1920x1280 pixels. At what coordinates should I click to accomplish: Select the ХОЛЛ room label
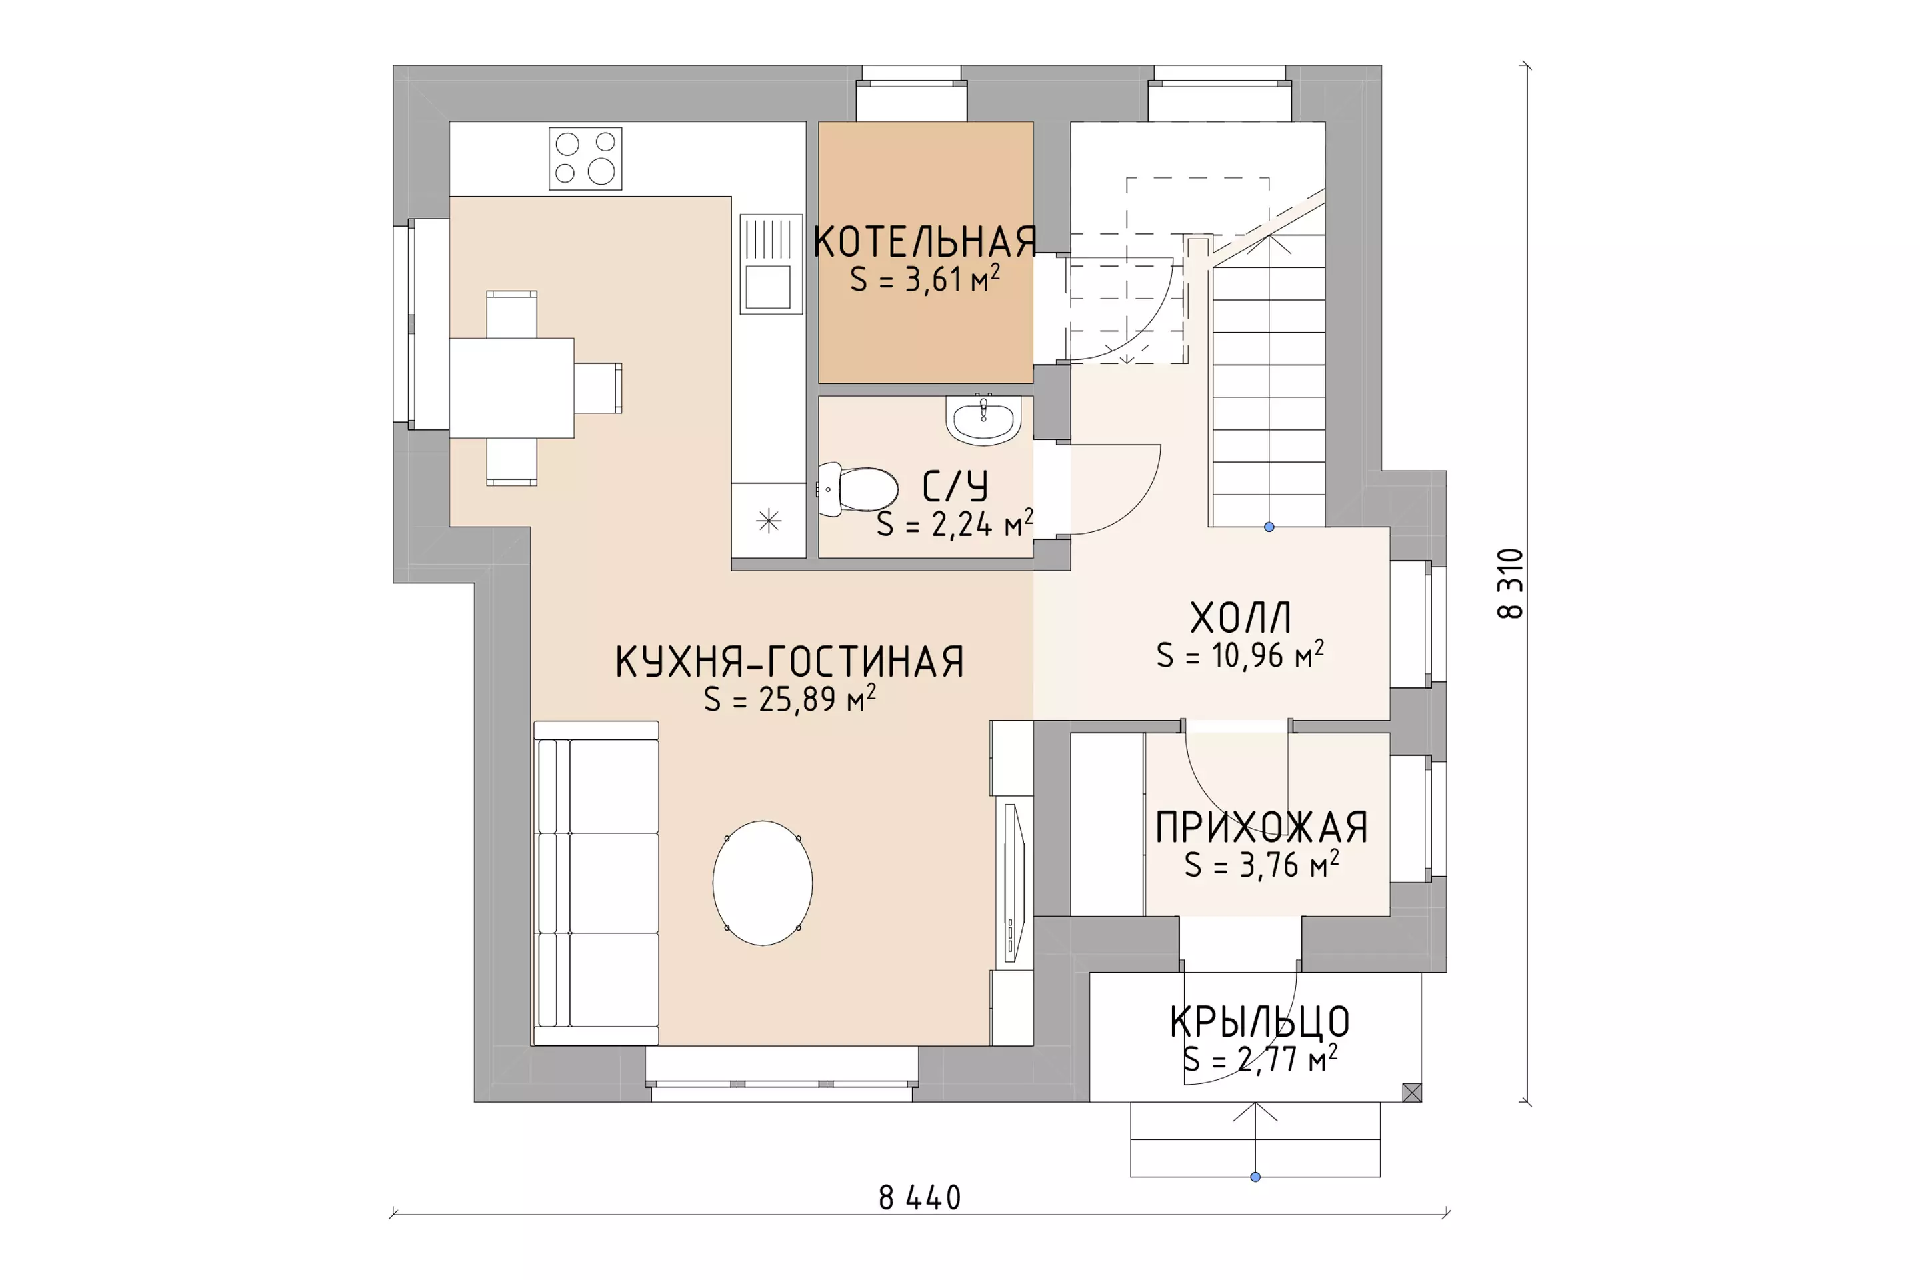coord(1240,618)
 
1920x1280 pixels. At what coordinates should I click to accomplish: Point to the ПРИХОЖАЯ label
coord(1261,828)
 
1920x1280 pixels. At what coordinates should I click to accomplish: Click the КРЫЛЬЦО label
coord(1259,1021)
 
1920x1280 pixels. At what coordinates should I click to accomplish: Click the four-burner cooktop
coord(585,159)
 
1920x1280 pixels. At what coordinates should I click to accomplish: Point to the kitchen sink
coord(771,264)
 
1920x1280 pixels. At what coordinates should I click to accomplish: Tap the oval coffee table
coord(763,883)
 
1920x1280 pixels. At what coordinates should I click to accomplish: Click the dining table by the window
coord(512,388)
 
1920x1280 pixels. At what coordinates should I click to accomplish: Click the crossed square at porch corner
coord(1411,1092)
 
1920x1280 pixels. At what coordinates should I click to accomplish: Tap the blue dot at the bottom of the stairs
coord(1269,527)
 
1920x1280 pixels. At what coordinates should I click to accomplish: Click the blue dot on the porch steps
coord(1255,1176)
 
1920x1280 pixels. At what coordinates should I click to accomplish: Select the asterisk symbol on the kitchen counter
coord(769,521)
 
